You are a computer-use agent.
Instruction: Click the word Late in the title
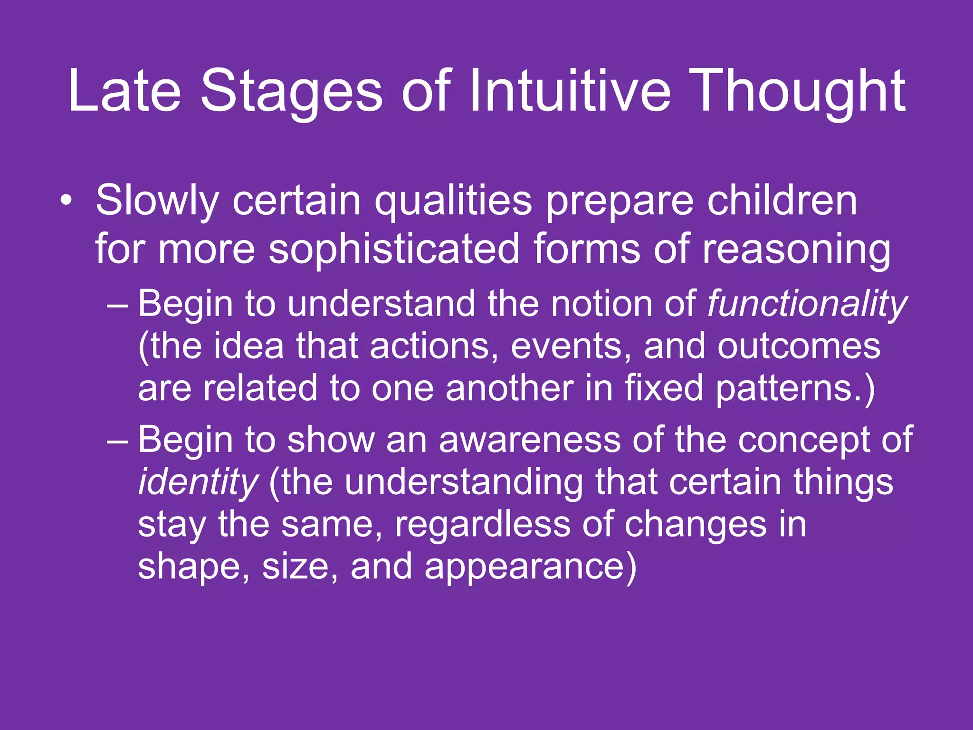tap(124, 91)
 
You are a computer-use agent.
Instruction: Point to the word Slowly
tap(157, 201)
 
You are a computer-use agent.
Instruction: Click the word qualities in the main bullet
tap(453, 201)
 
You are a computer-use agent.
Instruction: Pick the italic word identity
tap(198, 482)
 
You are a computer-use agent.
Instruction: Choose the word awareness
tap(529, 440)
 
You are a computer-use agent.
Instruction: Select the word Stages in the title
tap(291, 91)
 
